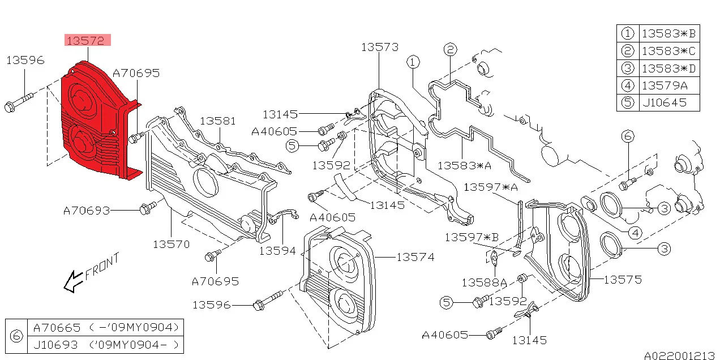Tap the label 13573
[380, 48]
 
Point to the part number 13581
[218, 121]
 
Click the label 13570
[171, 245]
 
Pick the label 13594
[277, 250]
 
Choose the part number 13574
[415, 258]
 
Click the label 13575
[623, 280]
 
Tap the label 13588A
[484, 282]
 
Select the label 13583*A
[465, 165]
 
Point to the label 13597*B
[472, 237]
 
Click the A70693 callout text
[86, 211]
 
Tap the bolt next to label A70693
[146, 208]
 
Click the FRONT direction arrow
[72, 281]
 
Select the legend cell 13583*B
[668, 33]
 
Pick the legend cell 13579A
[663, 86]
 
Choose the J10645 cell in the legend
[663, 103]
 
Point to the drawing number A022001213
[679, 355]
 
